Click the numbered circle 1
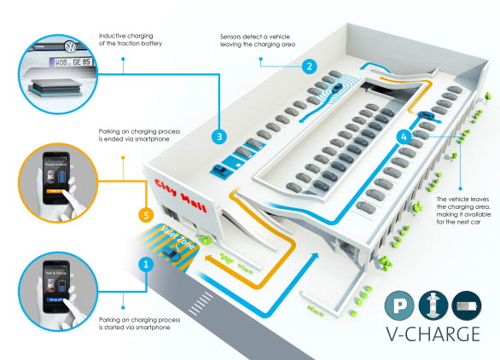[146, 264]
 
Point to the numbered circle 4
[405, 135]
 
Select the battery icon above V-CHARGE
[468, 305]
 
